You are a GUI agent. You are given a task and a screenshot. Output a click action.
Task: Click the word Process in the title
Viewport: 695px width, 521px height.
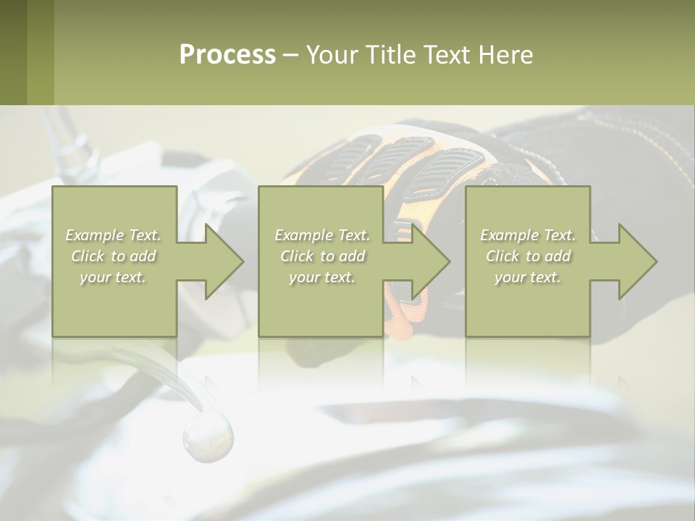[227, 55]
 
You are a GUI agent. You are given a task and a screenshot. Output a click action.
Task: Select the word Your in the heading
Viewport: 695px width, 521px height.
[332, 55]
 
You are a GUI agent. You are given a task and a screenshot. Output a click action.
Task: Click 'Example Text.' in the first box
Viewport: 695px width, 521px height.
[114, 235]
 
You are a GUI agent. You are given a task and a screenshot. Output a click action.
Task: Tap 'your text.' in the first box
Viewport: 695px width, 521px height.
[113, 277]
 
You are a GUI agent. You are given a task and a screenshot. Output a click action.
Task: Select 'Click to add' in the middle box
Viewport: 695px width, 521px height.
[322, 256]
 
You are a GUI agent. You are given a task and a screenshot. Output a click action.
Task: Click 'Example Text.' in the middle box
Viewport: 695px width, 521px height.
[322, 235]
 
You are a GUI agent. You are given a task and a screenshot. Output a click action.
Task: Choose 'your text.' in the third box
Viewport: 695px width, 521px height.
[528, 277]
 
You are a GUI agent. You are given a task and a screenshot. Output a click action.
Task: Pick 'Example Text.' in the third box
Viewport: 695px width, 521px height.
[528, 235]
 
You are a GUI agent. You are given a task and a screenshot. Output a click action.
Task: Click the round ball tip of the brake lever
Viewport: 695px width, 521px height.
[208, 436]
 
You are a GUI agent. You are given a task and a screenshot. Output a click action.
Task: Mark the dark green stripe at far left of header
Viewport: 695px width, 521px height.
[13, 52]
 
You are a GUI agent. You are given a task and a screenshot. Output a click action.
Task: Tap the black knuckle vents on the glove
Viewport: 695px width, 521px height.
[405, 163]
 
